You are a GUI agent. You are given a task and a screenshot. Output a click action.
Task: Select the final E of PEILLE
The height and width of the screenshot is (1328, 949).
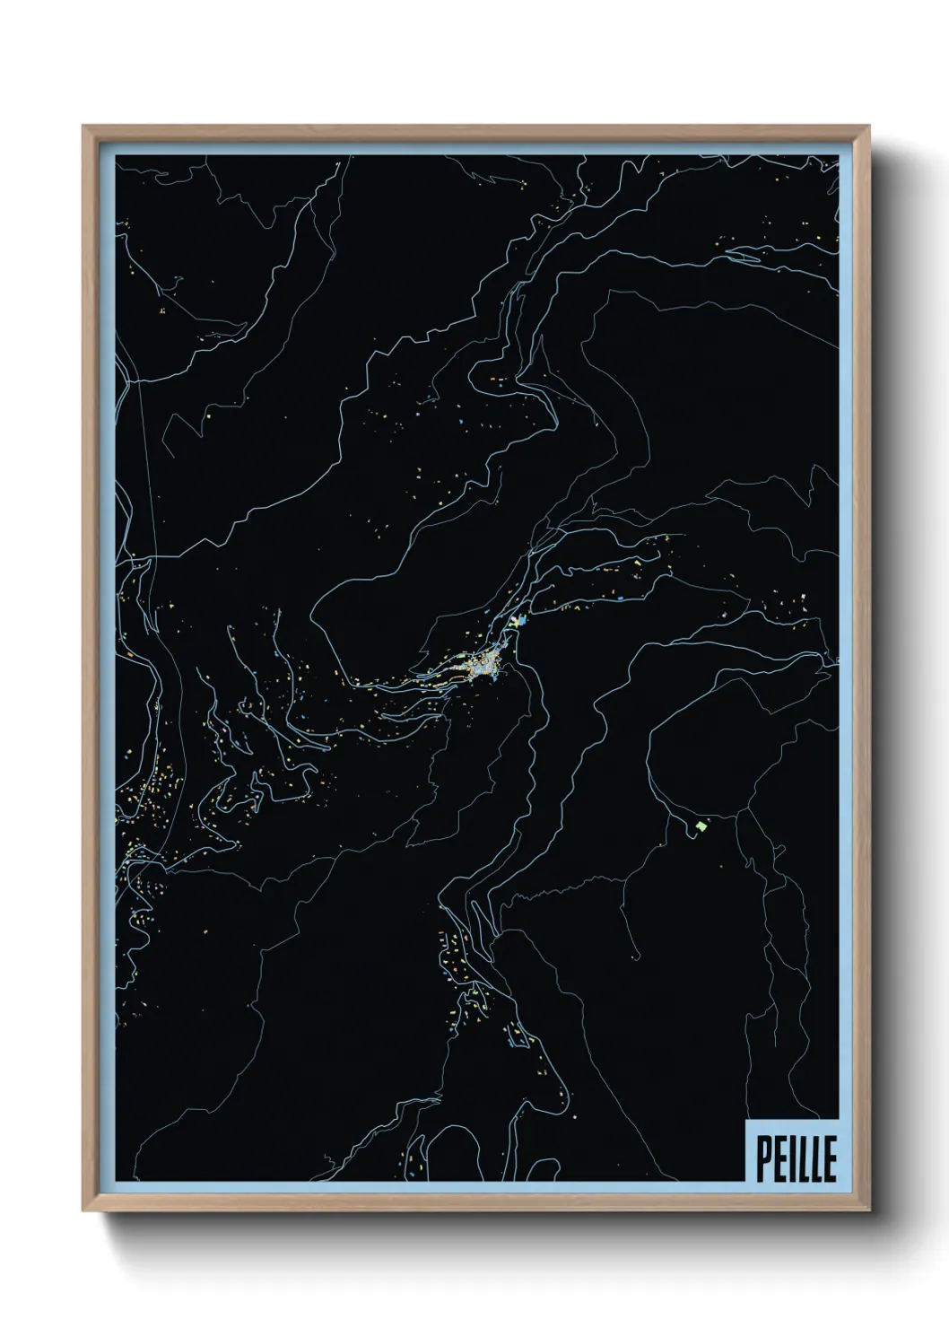[x=829, y=1161]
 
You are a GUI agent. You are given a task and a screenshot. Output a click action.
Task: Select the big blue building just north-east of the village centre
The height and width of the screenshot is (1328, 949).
[x=515, y=621]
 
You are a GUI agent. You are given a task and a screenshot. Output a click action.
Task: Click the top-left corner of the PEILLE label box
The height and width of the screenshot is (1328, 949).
[x=746, y=1121]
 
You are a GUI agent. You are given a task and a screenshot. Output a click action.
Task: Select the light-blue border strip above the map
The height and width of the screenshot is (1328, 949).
[x=475, y=148]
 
